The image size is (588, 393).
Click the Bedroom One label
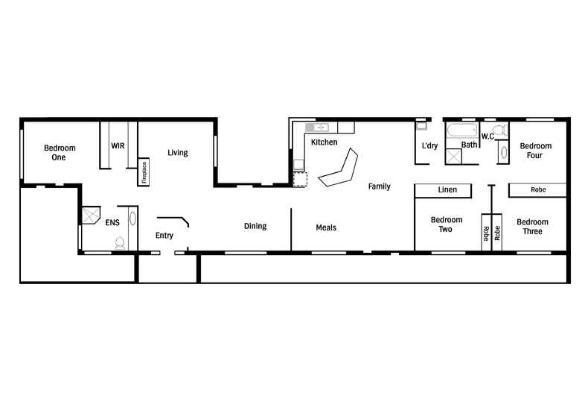point(59,152)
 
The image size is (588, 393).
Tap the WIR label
point(117,145)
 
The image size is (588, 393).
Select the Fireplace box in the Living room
point(144,172)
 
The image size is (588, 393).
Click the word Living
point(177,153)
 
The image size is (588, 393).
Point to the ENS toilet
point(119,242)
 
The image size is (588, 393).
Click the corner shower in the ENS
point(91,216)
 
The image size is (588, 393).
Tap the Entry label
point(164,236)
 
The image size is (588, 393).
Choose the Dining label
point(255,227)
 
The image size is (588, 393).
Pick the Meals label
point(326,227)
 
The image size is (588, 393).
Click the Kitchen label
point(324,142)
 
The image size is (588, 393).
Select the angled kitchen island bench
point(340,170)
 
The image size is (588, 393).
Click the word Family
point(380,186)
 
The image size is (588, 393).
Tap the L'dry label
point(429,145)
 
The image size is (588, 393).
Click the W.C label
point(488,136)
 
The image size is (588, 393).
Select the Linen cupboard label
point(447,191)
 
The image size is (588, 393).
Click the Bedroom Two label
point(447,225)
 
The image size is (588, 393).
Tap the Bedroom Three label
point(532,227)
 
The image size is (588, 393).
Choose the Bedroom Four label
point(535,151)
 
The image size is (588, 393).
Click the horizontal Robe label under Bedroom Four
point(537,191)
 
